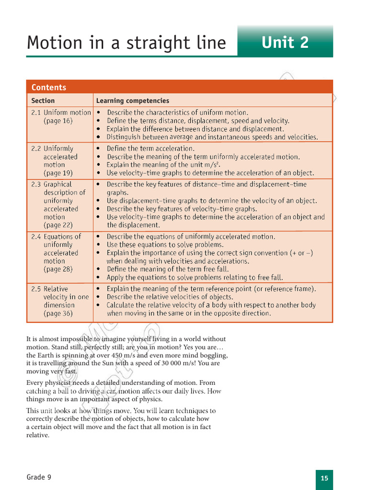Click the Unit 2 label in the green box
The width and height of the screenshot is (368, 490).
[285, 43]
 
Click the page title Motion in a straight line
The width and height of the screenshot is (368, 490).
[126, 43]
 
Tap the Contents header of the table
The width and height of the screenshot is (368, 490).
[49, 87]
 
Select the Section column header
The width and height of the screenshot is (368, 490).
[43, 100]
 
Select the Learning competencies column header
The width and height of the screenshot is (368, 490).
[133, 100]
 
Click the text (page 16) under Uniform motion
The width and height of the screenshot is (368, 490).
[58, 121]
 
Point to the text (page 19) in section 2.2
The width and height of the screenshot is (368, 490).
[58, 173]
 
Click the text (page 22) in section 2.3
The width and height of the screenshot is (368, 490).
[58, 225]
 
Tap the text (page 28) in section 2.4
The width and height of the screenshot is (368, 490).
[58, 269]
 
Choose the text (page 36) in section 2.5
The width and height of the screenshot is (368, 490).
[58, 313]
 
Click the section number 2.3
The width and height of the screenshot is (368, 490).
[36, 184]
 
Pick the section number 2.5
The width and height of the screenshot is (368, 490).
[36, 289]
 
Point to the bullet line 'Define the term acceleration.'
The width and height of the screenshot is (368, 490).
[150, 148]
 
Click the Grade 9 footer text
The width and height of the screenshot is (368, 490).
[39, 477]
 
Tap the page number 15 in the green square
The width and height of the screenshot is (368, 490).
[324, 478]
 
